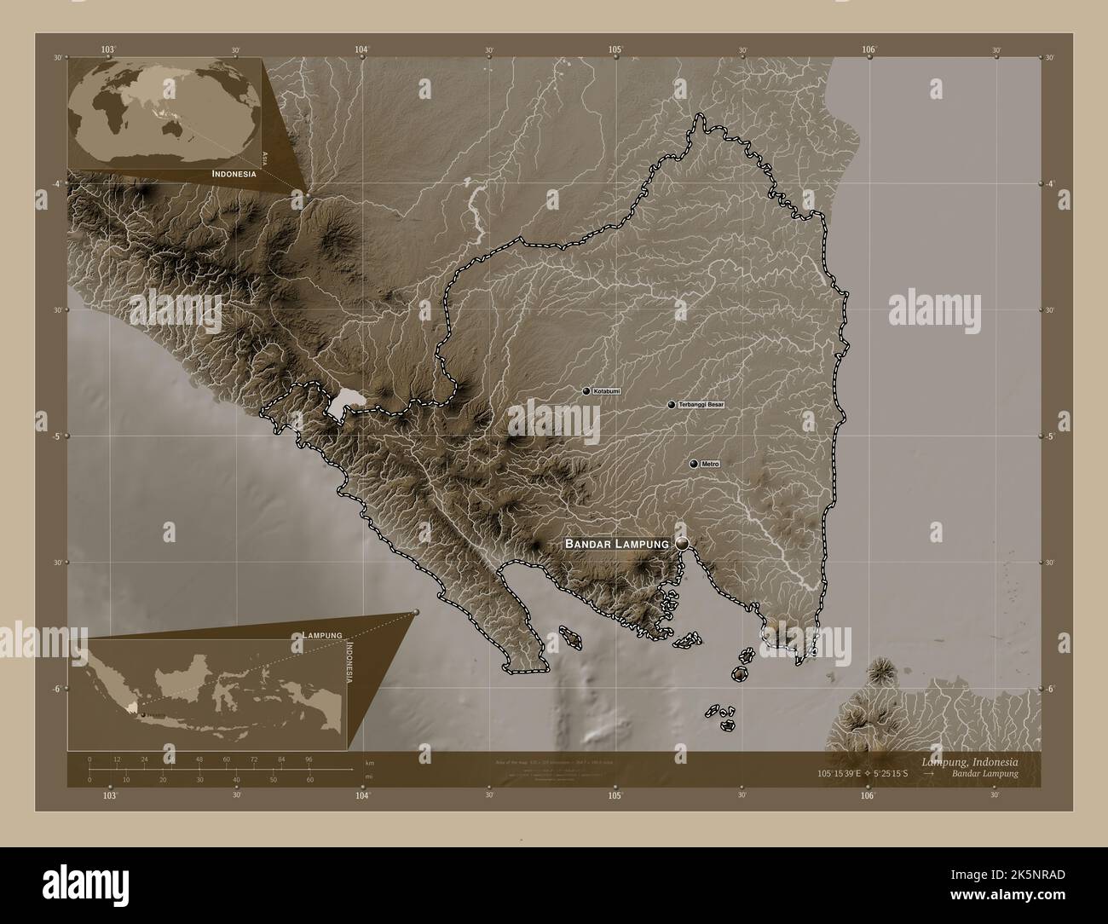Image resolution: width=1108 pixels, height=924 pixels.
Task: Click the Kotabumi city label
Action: (605, 391)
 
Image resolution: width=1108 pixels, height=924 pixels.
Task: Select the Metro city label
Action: (711, 464)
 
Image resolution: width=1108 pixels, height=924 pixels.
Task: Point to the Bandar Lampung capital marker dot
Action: (683, 543)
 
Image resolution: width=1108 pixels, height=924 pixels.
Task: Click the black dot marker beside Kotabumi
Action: (586, 391)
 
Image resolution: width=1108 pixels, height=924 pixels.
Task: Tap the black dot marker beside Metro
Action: (694, 464)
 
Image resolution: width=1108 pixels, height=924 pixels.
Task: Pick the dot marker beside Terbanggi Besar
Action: (672, 404)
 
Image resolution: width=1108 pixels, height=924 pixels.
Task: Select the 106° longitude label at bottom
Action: (868, 796)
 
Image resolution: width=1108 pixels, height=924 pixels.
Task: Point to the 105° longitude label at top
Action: (615, 49)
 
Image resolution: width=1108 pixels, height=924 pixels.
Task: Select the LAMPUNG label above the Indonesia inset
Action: (322, 635)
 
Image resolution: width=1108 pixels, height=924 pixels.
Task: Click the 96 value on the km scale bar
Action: (309, 759)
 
